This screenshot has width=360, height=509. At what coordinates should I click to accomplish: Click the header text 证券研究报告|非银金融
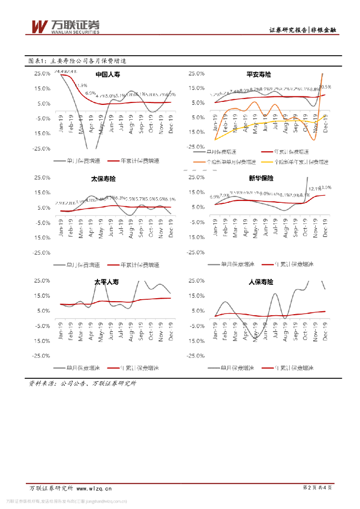(x=302, y=30)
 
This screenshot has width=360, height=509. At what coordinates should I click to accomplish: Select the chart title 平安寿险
(x=259, y=74)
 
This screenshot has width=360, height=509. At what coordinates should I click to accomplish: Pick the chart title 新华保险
(x=261, y=178)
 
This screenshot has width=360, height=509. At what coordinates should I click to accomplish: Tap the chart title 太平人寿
(x=107, y=282)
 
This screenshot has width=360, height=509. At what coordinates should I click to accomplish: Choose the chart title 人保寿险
(x=261, y=282)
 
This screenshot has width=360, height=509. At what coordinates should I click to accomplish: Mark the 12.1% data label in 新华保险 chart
(x=314, y=189)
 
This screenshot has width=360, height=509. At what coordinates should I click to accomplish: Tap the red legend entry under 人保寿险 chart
(x=288, y=368)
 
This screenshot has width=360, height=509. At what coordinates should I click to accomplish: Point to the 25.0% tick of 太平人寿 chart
(x=42, y=281)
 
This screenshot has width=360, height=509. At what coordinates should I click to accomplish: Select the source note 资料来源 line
(x=83, y=383)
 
